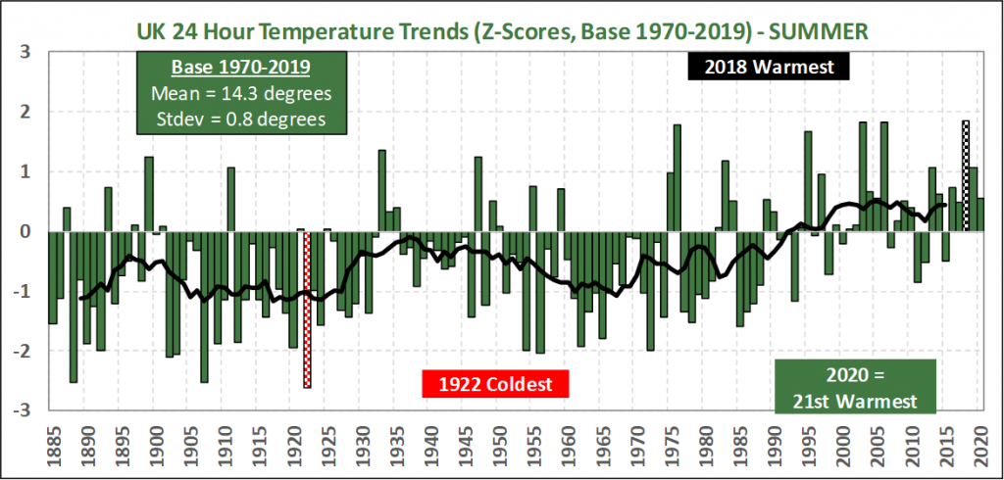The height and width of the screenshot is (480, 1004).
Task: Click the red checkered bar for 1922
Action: point(307,310)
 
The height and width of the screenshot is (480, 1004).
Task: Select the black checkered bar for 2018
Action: point(966,176)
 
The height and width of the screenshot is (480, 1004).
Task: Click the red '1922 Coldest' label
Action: point(495,383)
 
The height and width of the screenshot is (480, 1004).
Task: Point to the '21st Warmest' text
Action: point(855,401)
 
